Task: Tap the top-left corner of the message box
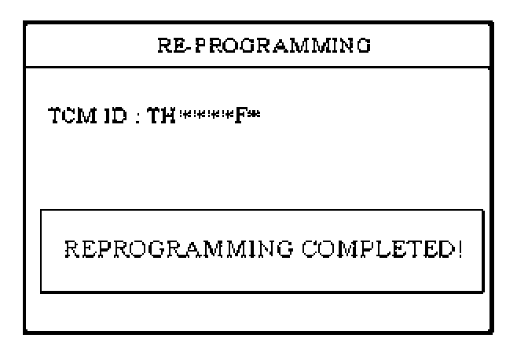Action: [41, 211]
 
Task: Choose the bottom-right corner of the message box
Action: [484, 292]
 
